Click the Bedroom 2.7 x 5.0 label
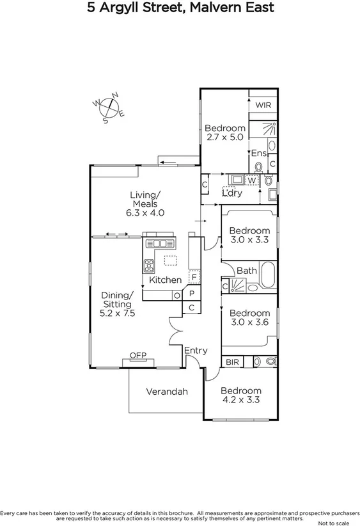coord(224,132)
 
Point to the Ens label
coord(258,153)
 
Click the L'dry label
coord(231,192)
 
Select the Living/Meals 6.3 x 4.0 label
coord(145,204)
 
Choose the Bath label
coord(246,271)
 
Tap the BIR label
coord(231,362)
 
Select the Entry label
coord(195,350)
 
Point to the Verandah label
coord(166,392)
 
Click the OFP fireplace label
coord(137,355)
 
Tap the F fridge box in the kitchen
coord(193,278)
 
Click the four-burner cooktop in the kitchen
coord(149,266)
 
